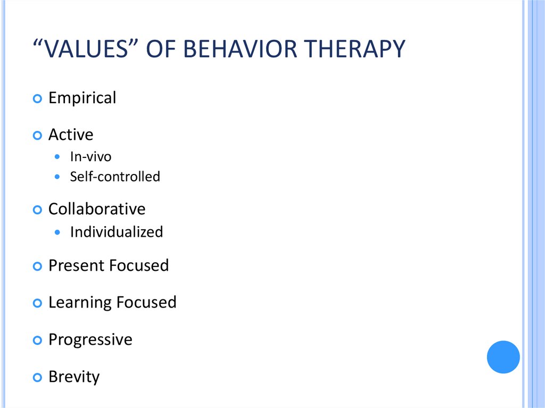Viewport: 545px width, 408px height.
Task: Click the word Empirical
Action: (x=82, y=98)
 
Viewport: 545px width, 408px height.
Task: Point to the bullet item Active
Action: (x=70, y=135)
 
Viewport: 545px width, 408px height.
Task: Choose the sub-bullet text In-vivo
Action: (x=90, y=157)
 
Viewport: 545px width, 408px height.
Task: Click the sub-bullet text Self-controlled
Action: (x=114, y=177)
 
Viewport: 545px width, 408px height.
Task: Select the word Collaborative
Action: (x=96, y=209)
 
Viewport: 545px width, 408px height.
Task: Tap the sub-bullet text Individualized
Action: (x=116, y=232)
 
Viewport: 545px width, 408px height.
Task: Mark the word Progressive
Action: (x=90, y=340)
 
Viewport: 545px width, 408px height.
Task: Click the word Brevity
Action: (x=73, y=377)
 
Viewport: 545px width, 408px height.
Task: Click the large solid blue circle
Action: (x=503, y=357)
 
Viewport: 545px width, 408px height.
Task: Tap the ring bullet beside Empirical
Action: (x=37, y=99)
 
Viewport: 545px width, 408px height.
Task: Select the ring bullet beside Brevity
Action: (x=37, y=378)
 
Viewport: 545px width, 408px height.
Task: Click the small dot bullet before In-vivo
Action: (x=57, y=157)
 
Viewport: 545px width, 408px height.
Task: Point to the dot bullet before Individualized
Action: (x=57, y=232)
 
